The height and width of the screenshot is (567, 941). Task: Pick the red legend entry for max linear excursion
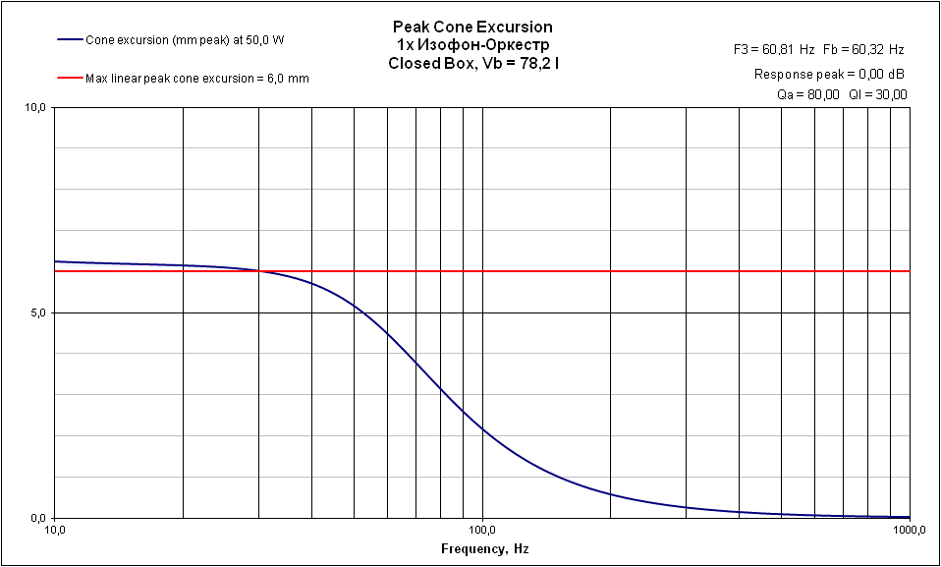coord(196,78)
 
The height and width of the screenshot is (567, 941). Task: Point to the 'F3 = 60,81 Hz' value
coord(774,48)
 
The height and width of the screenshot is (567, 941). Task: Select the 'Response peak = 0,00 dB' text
coord(829,74)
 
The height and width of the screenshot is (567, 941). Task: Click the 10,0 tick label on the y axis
coord(34,107)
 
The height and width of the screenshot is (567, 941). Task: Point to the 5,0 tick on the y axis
coord(37,312)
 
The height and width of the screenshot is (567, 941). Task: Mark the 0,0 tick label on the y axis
coord(37,518)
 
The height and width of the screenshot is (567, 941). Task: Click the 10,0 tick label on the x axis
coord(55,531)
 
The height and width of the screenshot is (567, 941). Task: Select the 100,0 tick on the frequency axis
coord(482,531)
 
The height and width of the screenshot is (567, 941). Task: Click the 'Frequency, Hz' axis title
coord(484,548)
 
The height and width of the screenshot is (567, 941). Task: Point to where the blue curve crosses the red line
coord(259,271)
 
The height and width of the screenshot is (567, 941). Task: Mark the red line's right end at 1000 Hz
coord(909,271)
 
